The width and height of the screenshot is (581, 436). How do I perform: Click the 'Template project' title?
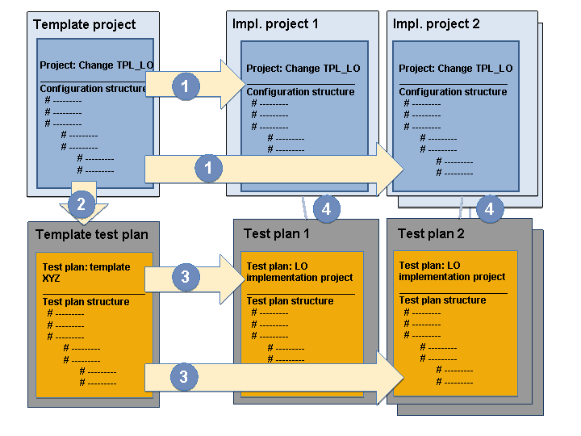(x=85, y=25)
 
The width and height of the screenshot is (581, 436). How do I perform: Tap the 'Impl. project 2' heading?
(x=436, y=23)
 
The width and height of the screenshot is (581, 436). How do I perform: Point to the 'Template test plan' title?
(x=92, y=235)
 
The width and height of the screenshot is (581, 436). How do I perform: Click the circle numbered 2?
(x=81, y=203)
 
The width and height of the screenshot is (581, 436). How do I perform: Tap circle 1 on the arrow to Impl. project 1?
(x=186, y=85)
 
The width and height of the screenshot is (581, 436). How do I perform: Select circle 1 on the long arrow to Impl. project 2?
(x=209, y=169)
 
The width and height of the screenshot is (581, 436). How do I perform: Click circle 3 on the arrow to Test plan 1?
(x=186, y=277)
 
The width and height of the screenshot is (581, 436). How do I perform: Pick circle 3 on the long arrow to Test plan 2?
(x=185, y=376)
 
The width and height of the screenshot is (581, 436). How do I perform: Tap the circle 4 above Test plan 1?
(x=326, y=209)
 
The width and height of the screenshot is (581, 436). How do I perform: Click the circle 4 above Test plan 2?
(x=490, y=209)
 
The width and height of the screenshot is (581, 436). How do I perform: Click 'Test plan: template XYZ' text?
(x=86, y=273)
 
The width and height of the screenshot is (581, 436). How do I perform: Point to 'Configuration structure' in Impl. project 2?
(x=453, y=92)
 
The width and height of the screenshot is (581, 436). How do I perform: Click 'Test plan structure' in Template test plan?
(x=86, y=302)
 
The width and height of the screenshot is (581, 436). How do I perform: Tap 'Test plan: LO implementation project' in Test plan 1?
(x=299, y=272)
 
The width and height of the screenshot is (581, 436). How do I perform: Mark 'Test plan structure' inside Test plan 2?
(x=442, y=300)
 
